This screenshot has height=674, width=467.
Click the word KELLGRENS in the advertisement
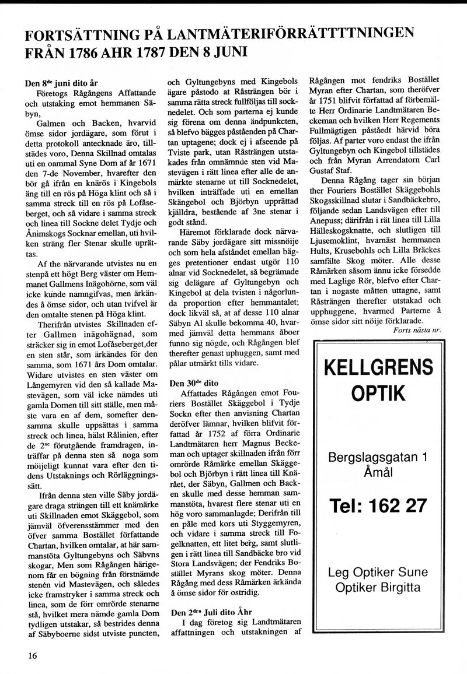[378, 368]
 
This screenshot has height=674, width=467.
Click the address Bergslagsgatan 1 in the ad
[378, 456]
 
